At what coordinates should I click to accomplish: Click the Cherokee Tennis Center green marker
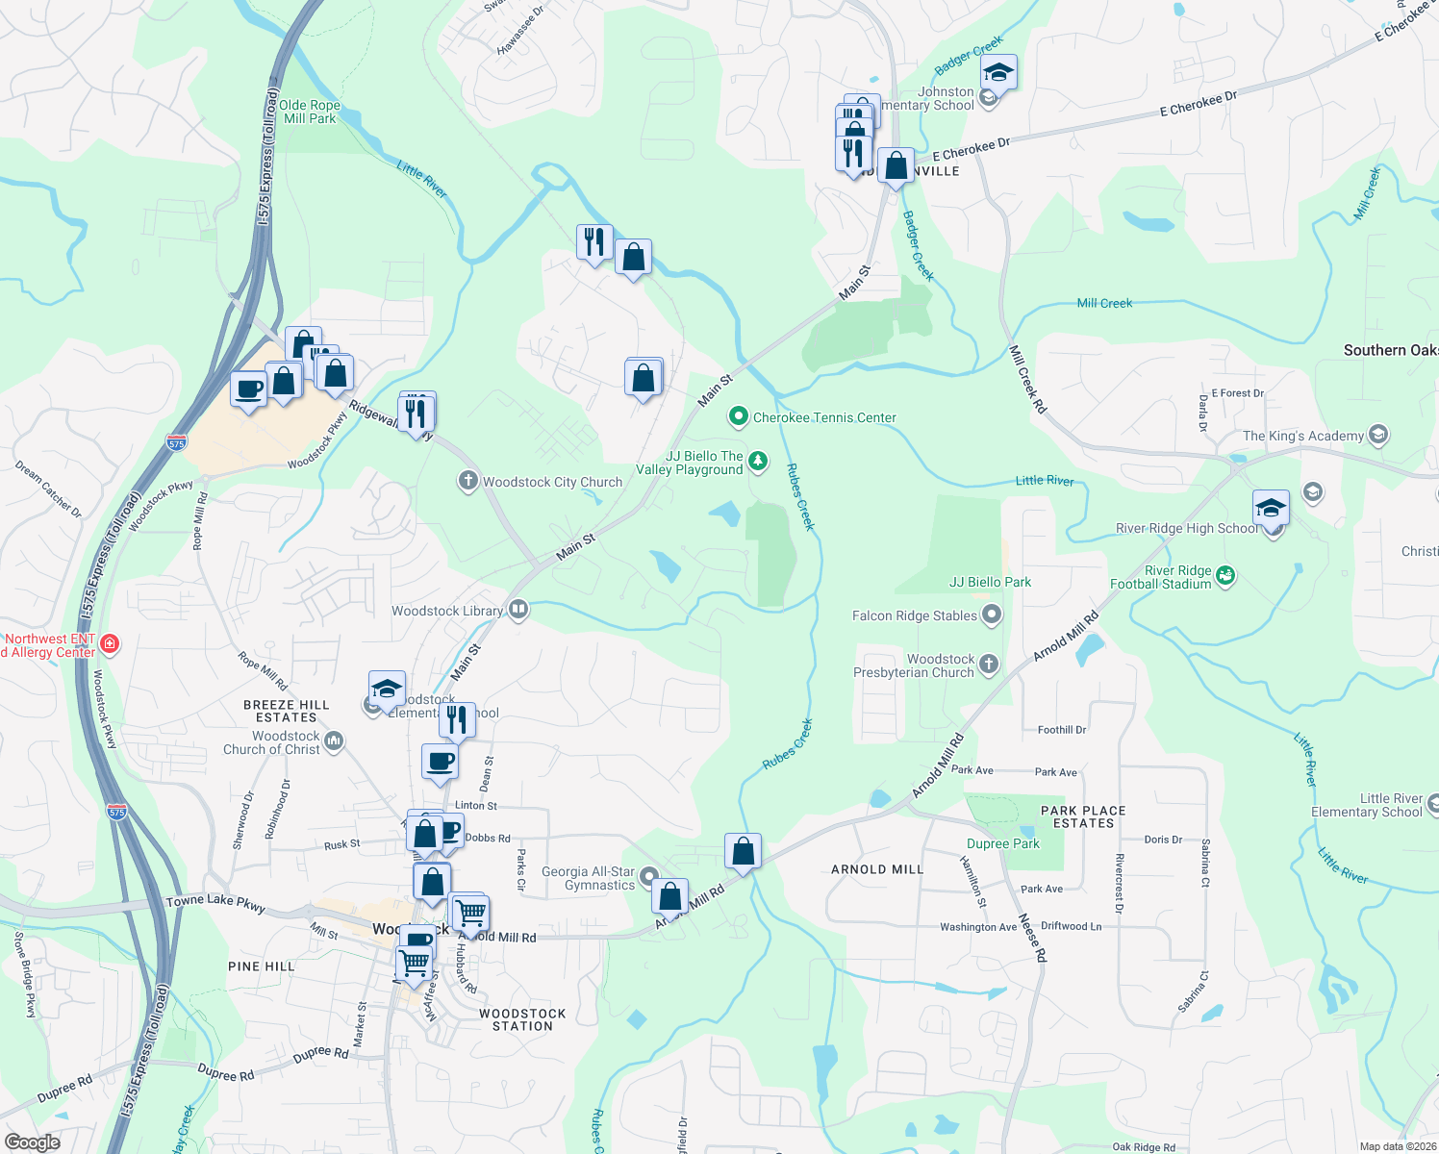738,416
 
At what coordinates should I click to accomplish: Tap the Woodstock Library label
447,611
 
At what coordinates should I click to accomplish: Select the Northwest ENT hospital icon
110,644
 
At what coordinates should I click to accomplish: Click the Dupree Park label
1002,843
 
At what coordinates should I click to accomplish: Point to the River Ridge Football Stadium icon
1224,575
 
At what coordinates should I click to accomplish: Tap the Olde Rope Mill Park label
310,112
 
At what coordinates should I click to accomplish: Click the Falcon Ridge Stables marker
992,615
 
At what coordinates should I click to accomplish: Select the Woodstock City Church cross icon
467,481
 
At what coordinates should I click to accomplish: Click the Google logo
32,1142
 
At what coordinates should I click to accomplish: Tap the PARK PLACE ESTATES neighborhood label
1083,816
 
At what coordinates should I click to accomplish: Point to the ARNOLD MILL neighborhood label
876,869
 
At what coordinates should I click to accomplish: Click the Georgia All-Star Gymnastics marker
648,876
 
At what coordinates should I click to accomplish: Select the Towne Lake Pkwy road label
215,903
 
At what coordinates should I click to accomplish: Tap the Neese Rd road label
1032,938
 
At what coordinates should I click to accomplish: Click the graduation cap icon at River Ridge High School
1270,508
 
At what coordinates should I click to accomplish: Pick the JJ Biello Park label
990,582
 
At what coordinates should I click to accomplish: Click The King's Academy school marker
1377,435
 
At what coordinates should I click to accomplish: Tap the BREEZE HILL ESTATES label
286,711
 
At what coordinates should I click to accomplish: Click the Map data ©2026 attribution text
1398,1146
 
